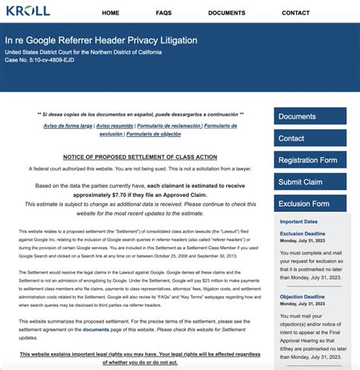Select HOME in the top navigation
tap(110, 13)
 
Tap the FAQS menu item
tap(163, 13)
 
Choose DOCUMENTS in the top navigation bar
tap(226, 13)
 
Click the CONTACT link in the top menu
tap(295, 13)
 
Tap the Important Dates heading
tap(298, 221)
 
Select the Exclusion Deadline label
tap(302, 234)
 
